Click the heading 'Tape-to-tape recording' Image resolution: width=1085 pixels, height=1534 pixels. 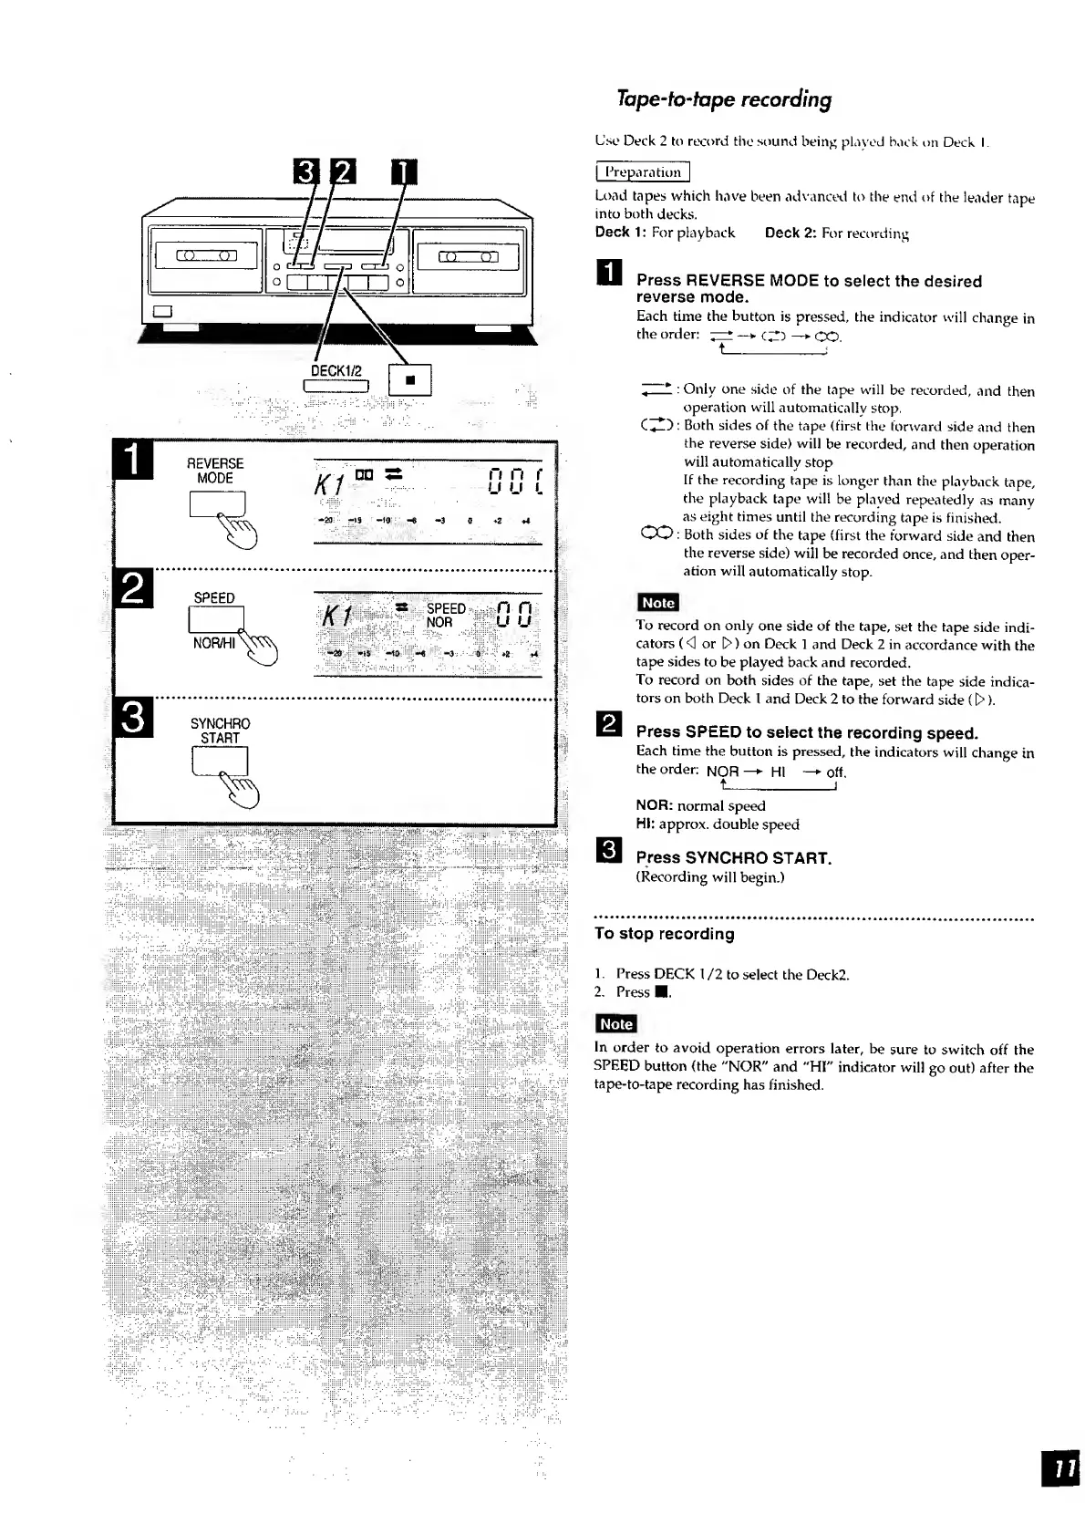724,99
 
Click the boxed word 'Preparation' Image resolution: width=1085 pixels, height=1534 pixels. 642,171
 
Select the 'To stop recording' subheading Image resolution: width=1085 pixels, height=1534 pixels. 664,934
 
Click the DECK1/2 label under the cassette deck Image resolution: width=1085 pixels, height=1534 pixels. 336,371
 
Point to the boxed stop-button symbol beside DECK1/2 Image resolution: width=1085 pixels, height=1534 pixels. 409,379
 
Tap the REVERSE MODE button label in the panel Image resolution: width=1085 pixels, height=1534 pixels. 215,471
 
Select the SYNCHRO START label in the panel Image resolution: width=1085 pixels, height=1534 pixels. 220,731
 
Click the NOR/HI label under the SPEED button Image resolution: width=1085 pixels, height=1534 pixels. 213,643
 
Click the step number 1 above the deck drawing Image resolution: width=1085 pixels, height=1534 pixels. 402,171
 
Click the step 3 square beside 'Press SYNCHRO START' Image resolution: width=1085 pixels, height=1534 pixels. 607,852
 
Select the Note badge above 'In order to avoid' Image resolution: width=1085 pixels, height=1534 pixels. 615,1024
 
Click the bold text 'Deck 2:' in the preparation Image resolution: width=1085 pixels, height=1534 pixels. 790,233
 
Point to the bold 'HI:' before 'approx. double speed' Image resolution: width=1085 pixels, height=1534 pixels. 645,824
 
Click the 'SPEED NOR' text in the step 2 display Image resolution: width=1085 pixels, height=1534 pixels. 446,616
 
